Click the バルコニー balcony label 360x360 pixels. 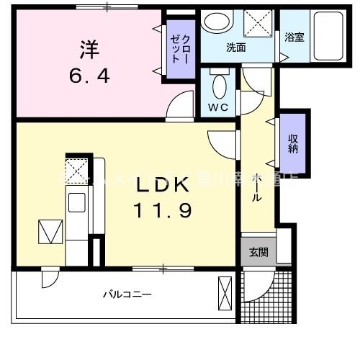126,294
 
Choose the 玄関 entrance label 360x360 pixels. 258,252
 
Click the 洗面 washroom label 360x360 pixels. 235,48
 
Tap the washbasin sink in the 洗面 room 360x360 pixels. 214,22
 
